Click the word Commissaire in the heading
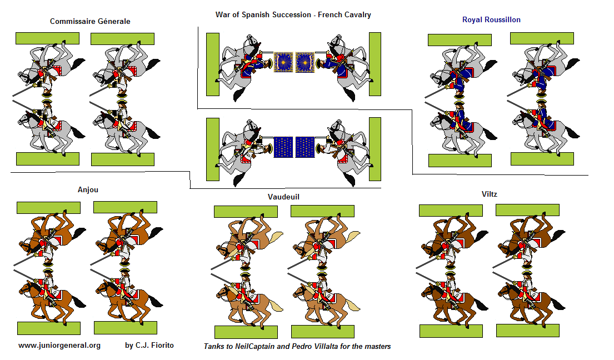[69, 22]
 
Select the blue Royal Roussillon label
[491, 19]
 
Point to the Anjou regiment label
[88, 190]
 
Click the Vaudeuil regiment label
[283, 197]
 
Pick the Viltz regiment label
[490, 194]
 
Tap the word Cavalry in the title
[356, 15]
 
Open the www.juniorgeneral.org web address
[59, 346]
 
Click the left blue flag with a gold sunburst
[283, 63]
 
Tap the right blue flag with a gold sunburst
[305, 63]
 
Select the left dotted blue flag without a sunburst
[283, 147]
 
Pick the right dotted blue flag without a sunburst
[305, 147]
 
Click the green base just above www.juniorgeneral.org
[48, 328]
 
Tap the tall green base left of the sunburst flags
[213, 64]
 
